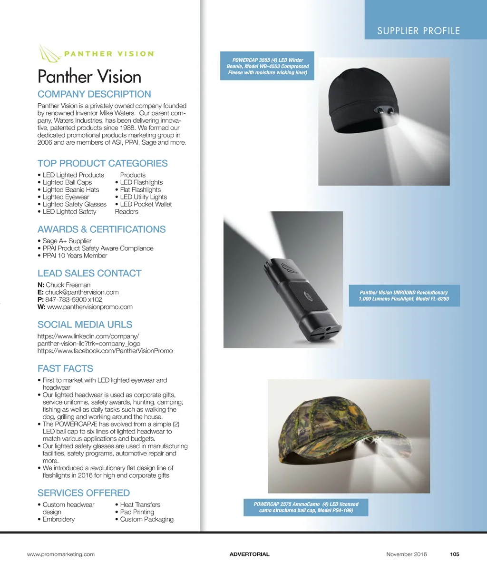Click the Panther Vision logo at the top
[96, 53]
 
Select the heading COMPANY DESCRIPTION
[94, 94]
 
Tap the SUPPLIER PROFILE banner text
[419, 31]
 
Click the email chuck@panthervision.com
[82, 292]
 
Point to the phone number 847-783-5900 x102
[74, 299]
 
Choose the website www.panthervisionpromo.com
[90, 307]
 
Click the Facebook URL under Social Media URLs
[105, 351]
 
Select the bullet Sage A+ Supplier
[67, 241]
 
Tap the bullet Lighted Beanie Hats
[71, 189]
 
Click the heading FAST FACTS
[65, 368]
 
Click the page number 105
[455, 554]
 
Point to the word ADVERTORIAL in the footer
[249, 554]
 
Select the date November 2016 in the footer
[407, 554]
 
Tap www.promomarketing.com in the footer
[61, 554]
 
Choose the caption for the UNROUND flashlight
[404, 296]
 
